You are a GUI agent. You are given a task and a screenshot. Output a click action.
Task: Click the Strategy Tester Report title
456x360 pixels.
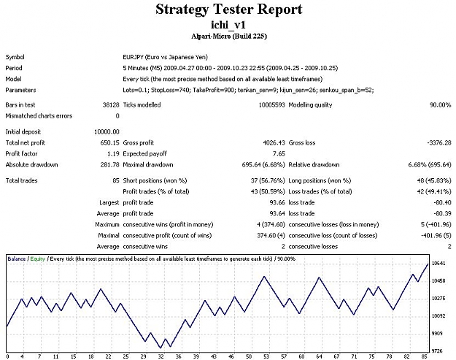[x=229, y=9]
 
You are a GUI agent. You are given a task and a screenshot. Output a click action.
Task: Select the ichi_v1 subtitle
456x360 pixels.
[x=228, y=25]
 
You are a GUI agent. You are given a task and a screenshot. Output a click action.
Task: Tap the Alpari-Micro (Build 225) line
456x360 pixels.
[x=229, y=37]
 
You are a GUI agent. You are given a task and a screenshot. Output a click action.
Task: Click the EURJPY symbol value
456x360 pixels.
[x=165, y=57]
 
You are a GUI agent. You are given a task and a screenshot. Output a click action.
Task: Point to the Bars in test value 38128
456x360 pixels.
[x=111, y=104]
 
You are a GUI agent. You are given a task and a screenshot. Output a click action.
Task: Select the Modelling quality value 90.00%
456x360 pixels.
[x=440, y=104]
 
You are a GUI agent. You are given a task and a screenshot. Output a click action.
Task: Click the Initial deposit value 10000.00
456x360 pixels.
[x=107, y=132]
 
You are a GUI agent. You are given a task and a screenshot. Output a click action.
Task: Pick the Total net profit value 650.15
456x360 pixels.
[x=109, y=143]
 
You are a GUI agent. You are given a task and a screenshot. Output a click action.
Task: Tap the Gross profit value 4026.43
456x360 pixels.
[x=274, y=143]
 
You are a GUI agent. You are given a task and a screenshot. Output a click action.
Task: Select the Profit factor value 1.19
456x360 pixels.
[x=113, y=153]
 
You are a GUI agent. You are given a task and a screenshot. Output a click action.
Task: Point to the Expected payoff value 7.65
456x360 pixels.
[x=279, y=153]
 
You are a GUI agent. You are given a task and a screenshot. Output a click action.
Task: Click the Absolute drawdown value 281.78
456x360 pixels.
[x=109, y=165]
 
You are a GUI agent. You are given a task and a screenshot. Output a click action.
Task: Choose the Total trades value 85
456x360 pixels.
[x=116, y=180]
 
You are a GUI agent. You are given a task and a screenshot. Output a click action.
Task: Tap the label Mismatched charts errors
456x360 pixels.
[x=39, y=116]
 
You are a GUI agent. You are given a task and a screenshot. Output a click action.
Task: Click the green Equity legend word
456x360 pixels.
[x=37, y=258]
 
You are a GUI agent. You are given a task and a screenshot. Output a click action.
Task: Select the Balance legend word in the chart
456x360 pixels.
[x=16, y=258]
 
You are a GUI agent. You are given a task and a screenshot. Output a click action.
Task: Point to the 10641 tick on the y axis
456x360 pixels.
[x=438, y=264]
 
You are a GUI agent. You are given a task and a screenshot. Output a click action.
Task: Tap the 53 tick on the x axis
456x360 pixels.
[x=266, y=356]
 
